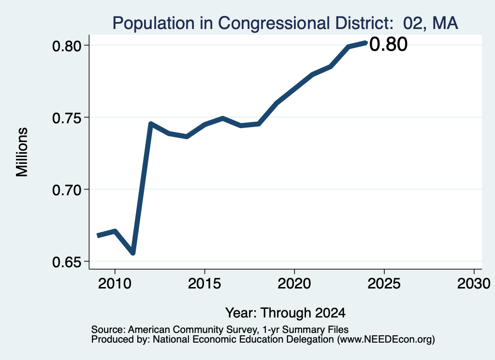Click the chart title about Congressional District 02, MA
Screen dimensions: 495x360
285,23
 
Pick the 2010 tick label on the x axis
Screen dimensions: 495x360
115,284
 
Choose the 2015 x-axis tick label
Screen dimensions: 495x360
204,284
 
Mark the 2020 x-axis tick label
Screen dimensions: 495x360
294,284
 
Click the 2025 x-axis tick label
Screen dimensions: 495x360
384,284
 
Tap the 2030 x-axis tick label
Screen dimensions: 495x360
474,284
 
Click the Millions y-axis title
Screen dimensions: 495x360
22,152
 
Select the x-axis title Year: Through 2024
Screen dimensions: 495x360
285,313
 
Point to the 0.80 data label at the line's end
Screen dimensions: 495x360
388,44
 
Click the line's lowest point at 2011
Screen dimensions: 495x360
133,253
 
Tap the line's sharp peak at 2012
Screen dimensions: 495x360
151,123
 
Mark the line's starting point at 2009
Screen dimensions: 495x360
98,236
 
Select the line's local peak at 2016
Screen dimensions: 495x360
222,118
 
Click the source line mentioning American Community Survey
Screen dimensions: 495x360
220,330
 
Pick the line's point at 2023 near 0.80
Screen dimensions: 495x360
348,47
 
